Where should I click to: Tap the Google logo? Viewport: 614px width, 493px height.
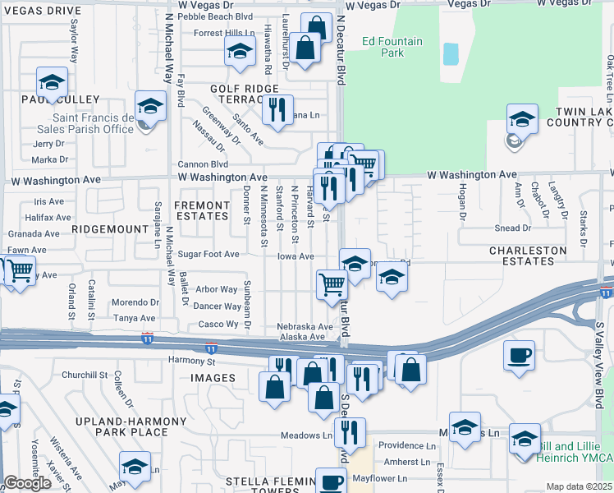pos(27,483)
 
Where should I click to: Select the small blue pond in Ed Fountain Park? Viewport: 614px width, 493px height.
pos(451,54)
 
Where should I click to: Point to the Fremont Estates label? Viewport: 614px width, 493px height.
pos(202,210)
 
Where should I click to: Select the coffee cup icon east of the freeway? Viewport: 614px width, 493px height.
pos(519,357)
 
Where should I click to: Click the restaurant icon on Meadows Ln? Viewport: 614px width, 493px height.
pos(351,432)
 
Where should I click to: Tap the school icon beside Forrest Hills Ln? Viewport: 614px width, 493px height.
pos(240,51)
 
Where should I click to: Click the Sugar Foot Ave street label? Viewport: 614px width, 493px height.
pos(208,256)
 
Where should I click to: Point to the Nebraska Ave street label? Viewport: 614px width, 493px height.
pos(305,326)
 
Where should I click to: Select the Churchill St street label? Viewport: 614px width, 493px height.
pos(85,375)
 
